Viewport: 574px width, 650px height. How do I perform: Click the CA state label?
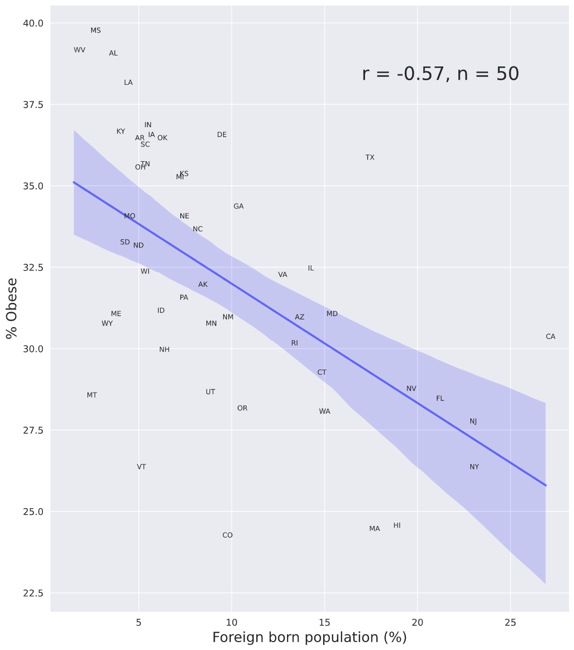[550, 337]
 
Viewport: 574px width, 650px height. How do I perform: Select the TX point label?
[370, 158]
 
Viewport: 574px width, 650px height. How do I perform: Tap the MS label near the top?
[95, 31]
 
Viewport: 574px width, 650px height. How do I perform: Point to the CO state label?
[227, 535]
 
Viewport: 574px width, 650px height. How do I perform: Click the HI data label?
[397, 525]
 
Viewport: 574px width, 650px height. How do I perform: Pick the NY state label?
[474, 467]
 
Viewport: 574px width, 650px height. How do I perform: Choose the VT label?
[141, 467]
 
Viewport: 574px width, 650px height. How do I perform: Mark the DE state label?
[222, 135]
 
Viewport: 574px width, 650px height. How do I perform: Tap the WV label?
[80, 50]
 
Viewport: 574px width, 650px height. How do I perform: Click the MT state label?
[92, 395]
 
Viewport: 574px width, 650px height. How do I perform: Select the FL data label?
[440, 399]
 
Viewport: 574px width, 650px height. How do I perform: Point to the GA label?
[238, 207]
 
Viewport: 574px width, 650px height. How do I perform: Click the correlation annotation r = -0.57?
[440, 74]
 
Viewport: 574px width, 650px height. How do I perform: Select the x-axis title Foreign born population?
[309, 637]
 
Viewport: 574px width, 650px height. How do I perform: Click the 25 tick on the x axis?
[510, 622]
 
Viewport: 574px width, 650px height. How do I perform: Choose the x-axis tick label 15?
[324, 622]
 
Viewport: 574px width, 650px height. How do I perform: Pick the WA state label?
[324, 412]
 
